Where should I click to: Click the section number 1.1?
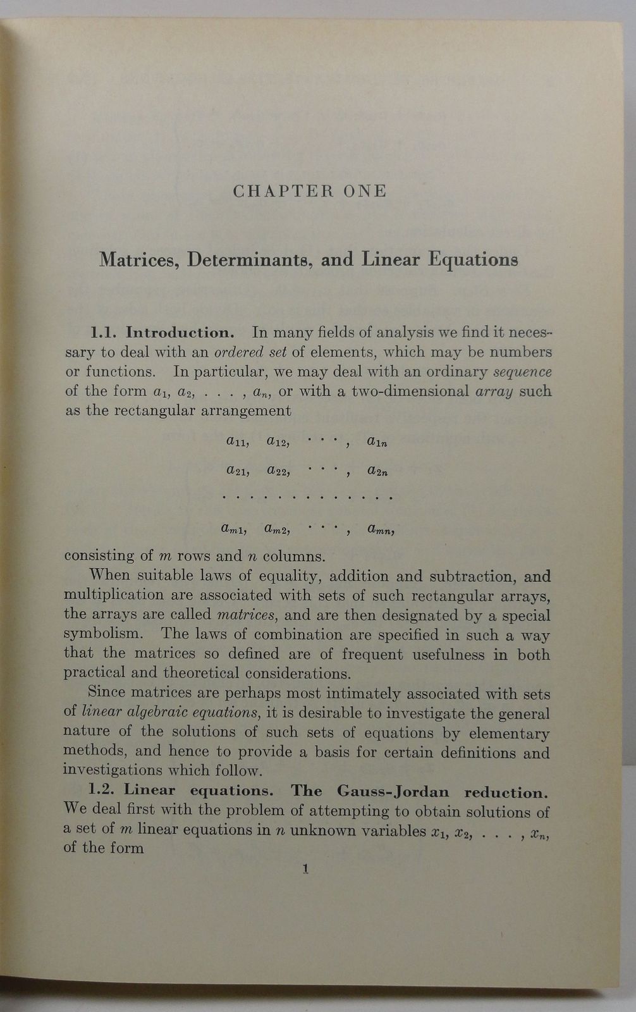106,333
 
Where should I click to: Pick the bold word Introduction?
181,333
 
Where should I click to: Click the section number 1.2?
104,791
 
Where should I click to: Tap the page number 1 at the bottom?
305,870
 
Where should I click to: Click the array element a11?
237,442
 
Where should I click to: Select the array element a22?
278,471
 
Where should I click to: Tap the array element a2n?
377,471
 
